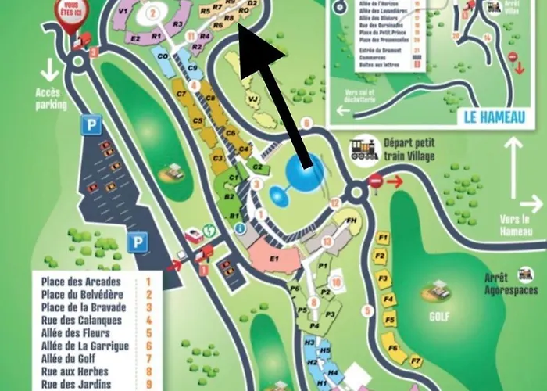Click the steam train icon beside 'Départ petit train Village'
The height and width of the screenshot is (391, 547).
click(x=364, y=149)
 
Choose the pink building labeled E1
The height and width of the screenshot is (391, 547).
click(x=274, y=257)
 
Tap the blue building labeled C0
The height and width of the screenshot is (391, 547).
click(x=163, y=56)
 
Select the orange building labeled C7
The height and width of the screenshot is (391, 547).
click(x=181, y=95)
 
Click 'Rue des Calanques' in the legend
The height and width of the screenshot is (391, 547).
click(x=77, y=320)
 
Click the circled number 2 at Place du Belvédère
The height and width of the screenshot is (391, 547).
click(x=154, y=12)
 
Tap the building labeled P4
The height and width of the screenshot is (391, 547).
click(x=314, y=325)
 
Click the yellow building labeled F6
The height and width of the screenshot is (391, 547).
click(x=392, y=348)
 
